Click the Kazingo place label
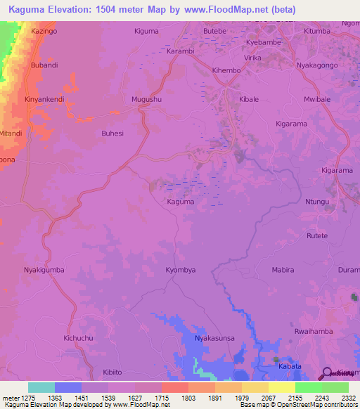click(x=44, y=32)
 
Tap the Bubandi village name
click(x=44, y=65)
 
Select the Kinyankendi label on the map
click(x=44, y=100)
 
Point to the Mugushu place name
click(x=146, y=100)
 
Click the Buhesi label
click(x=112, y=133)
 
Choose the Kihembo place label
click(x=226, y=71)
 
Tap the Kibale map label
click(x=249, y=100)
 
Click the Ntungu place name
click(x=317, y=202)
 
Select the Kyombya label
click(x=180, y=270)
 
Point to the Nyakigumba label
click(x=44, y=270)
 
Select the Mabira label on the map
click(x=283, y=270)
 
